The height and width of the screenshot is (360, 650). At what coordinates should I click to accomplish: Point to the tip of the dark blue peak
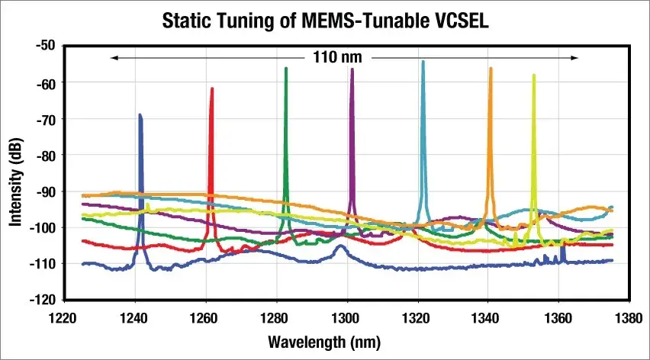(140, 115)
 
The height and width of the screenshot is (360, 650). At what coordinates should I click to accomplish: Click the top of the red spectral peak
(212, 88)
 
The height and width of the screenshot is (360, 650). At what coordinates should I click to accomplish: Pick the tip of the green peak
(286, 69)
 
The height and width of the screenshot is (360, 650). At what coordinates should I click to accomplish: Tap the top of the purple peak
(352, 69)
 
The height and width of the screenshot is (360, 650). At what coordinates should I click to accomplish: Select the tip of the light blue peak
(423, 62)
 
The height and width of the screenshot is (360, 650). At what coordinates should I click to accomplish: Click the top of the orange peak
(491, 69)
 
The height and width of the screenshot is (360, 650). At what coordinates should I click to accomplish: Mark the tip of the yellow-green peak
(534, 75)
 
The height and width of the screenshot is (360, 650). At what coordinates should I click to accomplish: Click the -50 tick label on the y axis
(46, 46)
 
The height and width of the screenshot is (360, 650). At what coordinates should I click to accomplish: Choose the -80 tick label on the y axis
(46, 155)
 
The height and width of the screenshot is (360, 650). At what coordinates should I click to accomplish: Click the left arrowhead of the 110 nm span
(114, 57)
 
